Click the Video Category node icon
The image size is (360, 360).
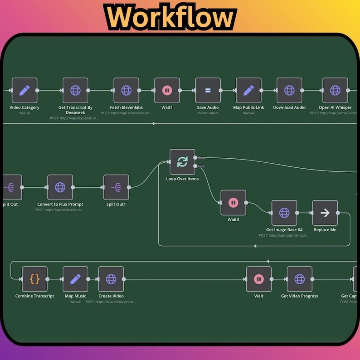click(x=24, y=90)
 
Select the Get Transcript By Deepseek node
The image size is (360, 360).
click(x=75, y=90)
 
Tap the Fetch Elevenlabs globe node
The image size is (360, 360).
click(x=126, y=90)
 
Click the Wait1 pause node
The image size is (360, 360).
click(x=167, y=90)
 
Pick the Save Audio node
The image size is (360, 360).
click(x=208, y=90)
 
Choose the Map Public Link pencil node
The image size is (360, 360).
click(x=248, y=90)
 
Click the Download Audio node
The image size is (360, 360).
click(x=289, y=90)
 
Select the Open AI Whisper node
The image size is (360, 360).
click(x=335, y=90)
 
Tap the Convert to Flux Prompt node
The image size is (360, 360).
click(x=60, y=187)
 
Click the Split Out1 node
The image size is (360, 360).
click(x=116, y=187)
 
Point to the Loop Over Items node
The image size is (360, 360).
click(x=182, y=162)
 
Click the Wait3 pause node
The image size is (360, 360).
click(x=233, y=203)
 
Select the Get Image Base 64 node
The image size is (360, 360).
click(x=284, y=213)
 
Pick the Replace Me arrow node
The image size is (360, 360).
click(x=325, y=213)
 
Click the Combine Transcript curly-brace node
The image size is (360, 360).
click(x=34, y=279)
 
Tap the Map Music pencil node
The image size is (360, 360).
click(x=75, y=279)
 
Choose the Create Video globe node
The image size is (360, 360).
click(x=111, y=279)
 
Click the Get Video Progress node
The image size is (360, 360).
click(x=299, y=279)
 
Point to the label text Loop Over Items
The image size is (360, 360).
click(x=182, y=179)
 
